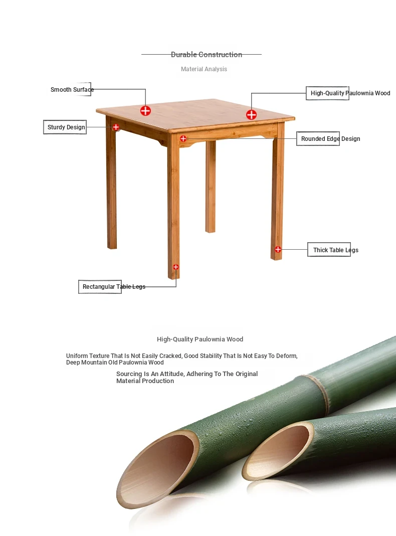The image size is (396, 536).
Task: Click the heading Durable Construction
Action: point(207,54)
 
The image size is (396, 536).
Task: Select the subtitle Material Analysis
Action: point(204,69)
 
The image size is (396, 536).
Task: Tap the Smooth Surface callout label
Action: point(72,90)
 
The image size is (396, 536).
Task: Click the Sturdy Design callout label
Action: point(66,127)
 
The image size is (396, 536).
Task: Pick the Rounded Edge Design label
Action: point(330,139)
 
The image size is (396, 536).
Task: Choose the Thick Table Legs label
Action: point(335,250)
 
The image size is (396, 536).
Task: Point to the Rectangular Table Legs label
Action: point(114,286)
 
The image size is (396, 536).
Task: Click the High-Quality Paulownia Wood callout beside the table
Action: point(350,93)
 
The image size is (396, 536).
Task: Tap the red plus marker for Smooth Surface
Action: point(145,111)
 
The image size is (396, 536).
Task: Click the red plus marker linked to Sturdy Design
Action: point(116,127)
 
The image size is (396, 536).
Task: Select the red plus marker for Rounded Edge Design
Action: point(183,138)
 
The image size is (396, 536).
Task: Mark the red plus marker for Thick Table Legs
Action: point(278,250)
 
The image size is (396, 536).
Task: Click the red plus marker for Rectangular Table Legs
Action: point(175,267)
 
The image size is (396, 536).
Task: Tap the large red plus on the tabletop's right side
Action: point(252,114)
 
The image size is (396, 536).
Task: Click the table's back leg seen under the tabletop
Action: point(211,187)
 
